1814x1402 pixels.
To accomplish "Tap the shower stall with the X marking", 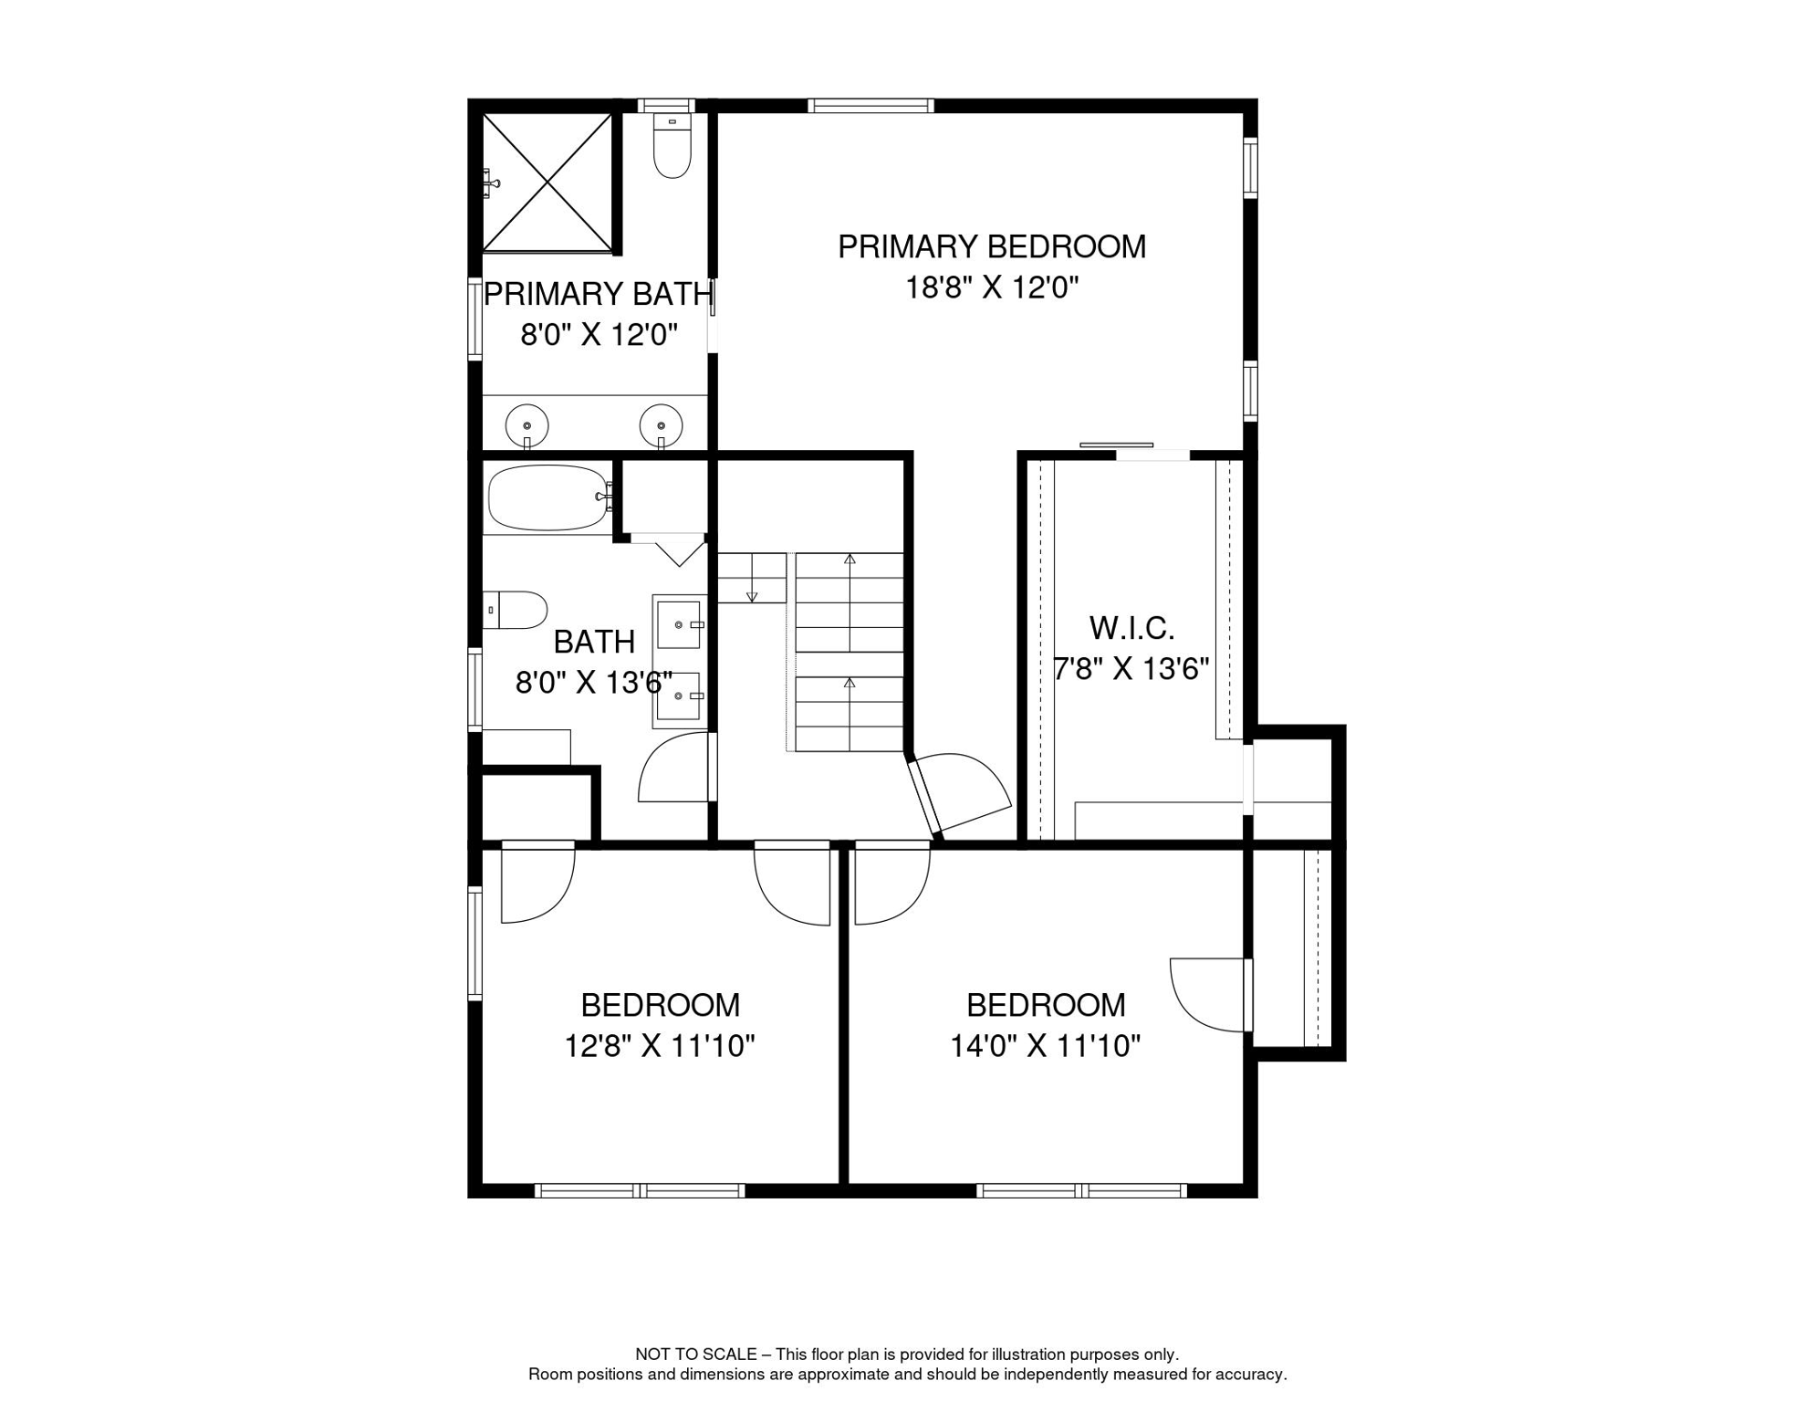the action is click(547, 183).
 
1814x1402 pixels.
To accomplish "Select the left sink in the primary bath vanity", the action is click(527, 426).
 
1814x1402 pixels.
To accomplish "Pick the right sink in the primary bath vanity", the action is click(662, 426).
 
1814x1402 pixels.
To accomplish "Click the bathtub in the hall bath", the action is click(549, 497).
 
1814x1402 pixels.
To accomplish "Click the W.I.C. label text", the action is click(1131, 628).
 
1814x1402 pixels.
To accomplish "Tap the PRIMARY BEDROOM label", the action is click(992, 246).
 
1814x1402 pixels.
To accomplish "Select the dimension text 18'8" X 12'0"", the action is click(992, 288).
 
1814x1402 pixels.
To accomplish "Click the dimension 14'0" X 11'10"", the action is click(1046, 1045).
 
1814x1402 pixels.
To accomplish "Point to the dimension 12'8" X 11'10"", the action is click(660, 1045).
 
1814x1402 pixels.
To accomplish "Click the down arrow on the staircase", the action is click(752, 578).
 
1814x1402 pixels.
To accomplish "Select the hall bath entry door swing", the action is click(674, 767).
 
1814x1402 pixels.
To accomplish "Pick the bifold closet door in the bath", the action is click(679, 550).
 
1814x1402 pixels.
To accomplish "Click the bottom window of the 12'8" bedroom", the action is click(640, 1190).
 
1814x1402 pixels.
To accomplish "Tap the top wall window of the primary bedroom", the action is click(871, 106).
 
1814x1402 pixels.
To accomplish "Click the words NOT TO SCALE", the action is click(696, 1355).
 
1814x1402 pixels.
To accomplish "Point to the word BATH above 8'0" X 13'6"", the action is click(594, 642).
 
